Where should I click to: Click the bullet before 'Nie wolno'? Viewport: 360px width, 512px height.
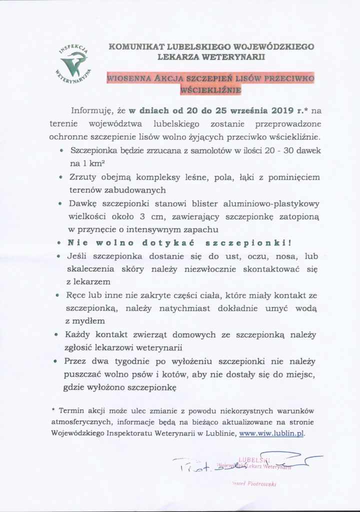click(x=59, y=244)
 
